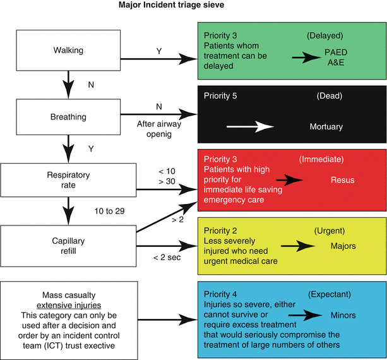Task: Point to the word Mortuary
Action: click(x=326, y=127)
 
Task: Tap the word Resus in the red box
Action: click(x=342, y=180)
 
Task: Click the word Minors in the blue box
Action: click(x=343, y=315)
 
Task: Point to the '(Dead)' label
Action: click(x=330, y=96)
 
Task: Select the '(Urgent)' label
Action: click(x=331, y=231)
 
